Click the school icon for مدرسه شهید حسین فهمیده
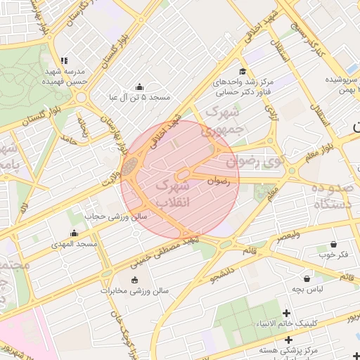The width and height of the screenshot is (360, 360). pyautogui.click(x=64, y=61)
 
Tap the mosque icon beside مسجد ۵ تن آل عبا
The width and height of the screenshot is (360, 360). pyautogui.click(x=139, y=87)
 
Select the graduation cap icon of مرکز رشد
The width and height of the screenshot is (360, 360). pyautogui.click(x=243, y=71)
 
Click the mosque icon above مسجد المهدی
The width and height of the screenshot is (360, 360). pyautogui.click(x=75, y=233)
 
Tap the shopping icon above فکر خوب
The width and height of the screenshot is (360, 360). pyautogui.click(x=333, y=244)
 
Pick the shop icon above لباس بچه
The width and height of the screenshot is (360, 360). pyautogui.click(x=307, y=278)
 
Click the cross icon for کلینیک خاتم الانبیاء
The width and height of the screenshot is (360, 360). pyautogui.click(x=286, y=313)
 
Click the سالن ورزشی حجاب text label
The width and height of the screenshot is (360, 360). pyautogui.click(x=117, y=217)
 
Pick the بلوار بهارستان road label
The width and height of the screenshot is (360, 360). pyautogui.click(x=109, y=127)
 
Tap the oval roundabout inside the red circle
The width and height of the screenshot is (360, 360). pyautogui.click(x=185, y=173)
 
